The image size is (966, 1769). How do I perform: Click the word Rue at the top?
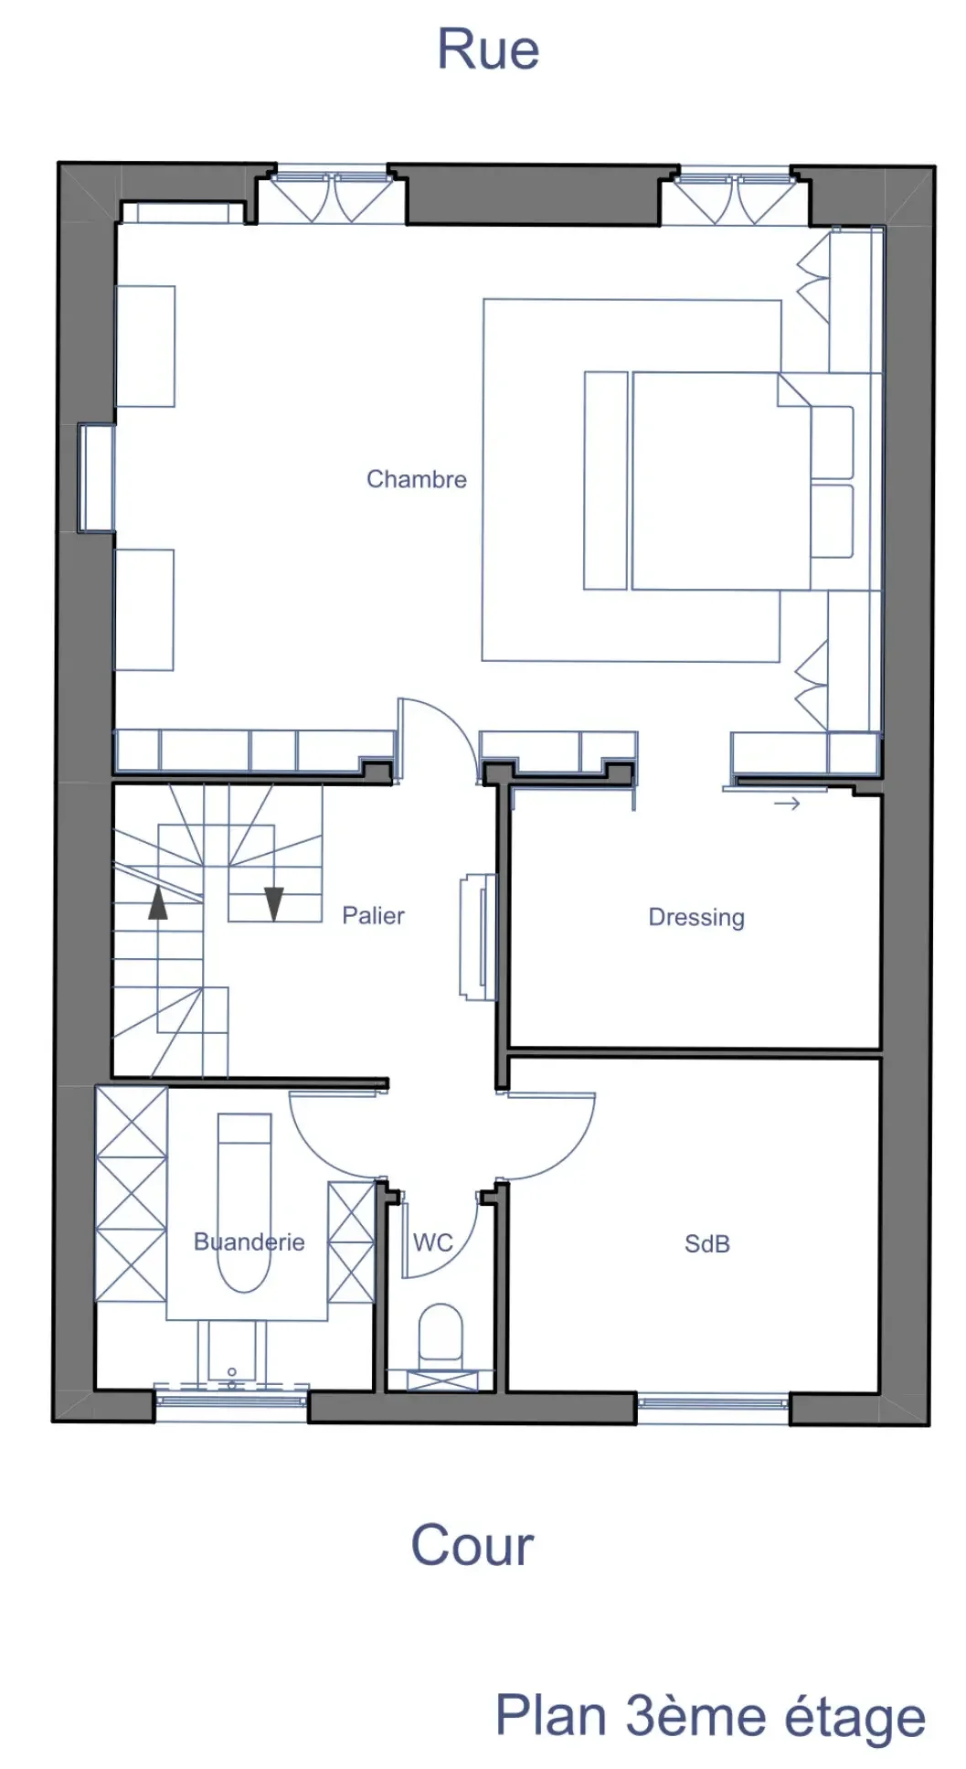coord(488,49)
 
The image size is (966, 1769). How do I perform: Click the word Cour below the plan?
coord(472,1545)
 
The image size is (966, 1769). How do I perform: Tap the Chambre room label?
coord(416,479)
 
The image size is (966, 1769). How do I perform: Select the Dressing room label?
coord(695,917)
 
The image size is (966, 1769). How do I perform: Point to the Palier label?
coord(373,915)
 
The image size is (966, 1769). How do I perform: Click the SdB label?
coord(706,1243)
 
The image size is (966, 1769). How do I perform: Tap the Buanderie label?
coord(249,1241)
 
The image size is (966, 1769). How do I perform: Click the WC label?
coord(432,1242)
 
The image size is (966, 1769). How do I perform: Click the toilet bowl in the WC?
coord(441,1333)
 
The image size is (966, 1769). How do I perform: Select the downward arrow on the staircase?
coord(273,903)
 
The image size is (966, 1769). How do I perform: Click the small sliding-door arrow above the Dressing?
coord(787,804)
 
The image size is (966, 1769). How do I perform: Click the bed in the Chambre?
coord(720,480)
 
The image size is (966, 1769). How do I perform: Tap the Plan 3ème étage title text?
coord(709,1716)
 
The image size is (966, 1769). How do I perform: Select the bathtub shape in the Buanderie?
coord(244,1202)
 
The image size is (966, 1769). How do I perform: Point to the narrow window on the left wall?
coord(95,477)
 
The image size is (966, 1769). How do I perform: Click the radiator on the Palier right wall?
coord(477,937)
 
